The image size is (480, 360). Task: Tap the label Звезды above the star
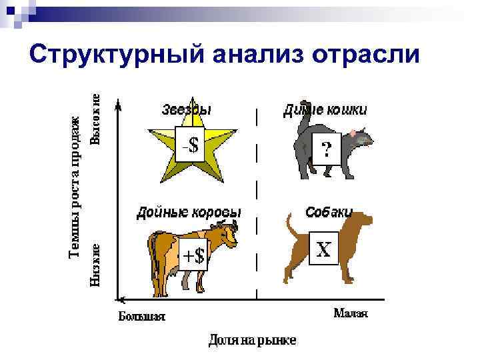tap(186, 110)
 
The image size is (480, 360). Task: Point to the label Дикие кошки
tap(325, 109)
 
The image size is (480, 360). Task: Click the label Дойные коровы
tap(189, 213)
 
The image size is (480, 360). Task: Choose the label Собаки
tap(329, 212)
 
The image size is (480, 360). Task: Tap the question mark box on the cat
tap(326, 149)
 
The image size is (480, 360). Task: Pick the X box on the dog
tap(323, 249)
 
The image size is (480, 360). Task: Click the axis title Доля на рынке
tap(252, 341)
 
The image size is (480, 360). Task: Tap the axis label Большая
tap(142, 315)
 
